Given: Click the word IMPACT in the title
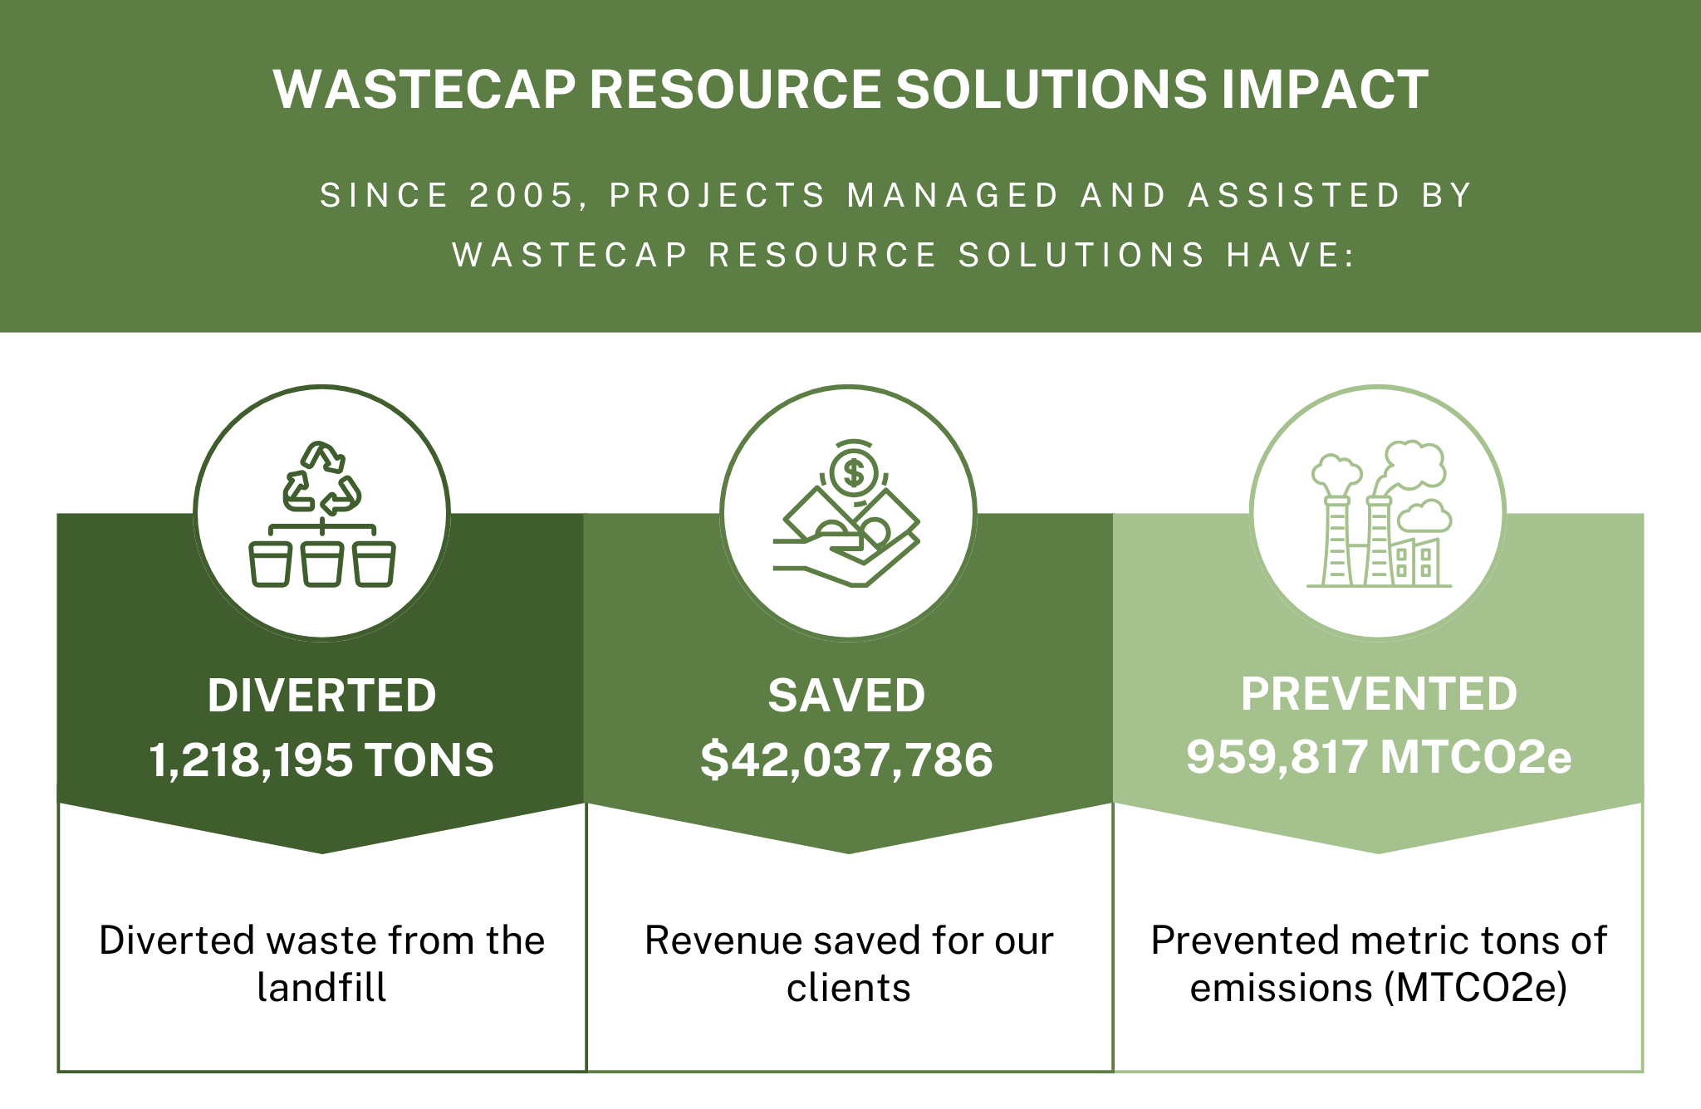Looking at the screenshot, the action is point(1325,89).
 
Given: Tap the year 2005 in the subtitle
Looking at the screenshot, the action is point(522,196).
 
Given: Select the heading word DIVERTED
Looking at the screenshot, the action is point(321,695).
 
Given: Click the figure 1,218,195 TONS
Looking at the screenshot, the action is point(321,760).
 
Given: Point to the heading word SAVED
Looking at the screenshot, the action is point(846,695).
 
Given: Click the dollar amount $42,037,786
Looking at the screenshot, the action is point(846,760).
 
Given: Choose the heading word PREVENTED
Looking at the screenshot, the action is point(1379,694).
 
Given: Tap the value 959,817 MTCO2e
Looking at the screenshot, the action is point(1379,757).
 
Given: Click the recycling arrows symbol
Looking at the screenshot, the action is point(322,479).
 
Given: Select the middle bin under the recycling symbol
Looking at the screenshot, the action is point(322,564).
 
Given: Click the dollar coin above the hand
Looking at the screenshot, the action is point(853,472).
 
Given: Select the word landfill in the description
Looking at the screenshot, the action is point(321,988).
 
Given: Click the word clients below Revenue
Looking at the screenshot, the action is point(848,988).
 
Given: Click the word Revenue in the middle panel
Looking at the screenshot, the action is point(722,940).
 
